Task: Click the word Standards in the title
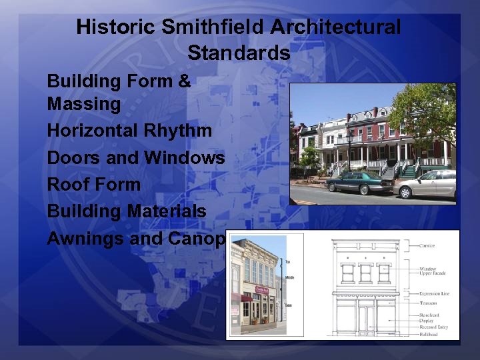point(239,53)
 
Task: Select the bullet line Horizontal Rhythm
point(129,131)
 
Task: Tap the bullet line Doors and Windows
point(136,158)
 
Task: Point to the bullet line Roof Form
point(93,185)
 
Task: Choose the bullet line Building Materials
point(127,211)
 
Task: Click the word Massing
point(84,104)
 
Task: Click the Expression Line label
point(435,293)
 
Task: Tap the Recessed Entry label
point(434,327)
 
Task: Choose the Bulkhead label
point(428,334)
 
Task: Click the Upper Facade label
point(433,274)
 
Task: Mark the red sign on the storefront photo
point(262,290)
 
